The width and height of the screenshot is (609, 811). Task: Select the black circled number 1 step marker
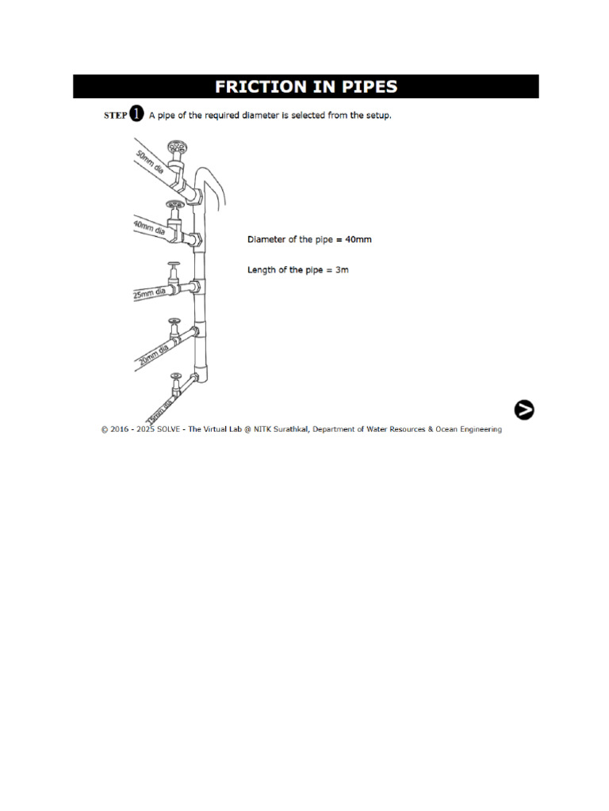point(136,114)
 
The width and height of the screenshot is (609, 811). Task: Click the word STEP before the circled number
point(115,115)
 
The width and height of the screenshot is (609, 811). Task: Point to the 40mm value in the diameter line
point(358,239)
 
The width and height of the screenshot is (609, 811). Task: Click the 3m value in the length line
point(342,270)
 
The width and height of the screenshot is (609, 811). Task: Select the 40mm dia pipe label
point(149,227)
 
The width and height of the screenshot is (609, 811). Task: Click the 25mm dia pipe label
point(149,294)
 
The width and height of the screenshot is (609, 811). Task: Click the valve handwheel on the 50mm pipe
point(176,147)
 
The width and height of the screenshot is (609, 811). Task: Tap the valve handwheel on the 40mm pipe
point(172,204)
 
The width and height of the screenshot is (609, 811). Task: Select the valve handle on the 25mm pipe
point(172,265)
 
